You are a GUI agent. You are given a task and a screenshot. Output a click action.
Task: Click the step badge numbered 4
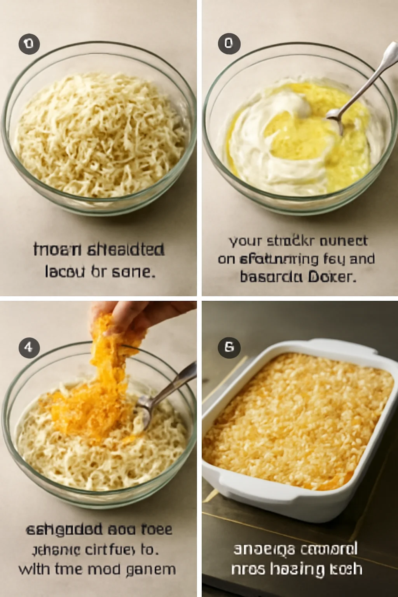pos(29,347)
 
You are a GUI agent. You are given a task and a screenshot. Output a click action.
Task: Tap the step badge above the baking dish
pos(229,347)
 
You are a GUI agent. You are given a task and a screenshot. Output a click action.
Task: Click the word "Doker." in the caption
pos(332,277)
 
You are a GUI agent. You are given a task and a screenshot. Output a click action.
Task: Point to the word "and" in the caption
pos(362,259)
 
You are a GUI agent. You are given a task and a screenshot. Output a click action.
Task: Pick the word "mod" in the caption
pos(103,569)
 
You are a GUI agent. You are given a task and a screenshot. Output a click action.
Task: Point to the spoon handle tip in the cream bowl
pos(391,54)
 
